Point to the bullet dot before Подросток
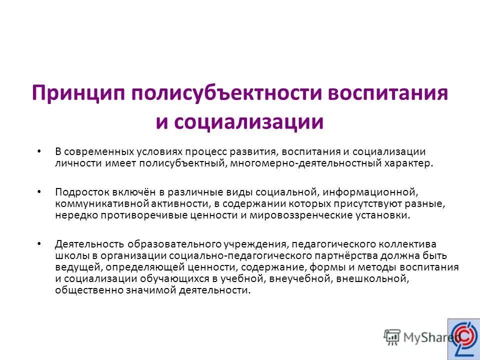[x=39, y=191]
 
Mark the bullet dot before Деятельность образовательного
[x=39, y=244]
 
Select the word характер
[x=407, y=163]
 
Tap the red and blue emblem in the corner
[x=463, y=337]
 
